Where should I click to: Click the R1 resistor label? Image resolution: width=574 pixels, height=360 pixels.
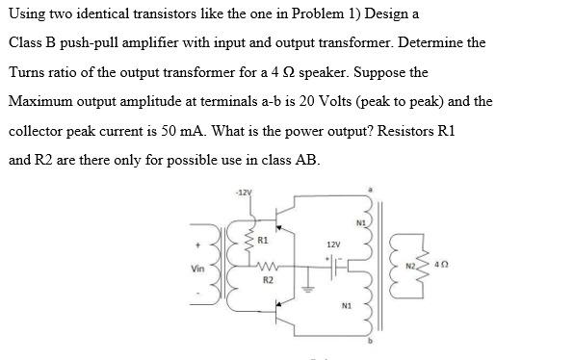(x=262, y=239)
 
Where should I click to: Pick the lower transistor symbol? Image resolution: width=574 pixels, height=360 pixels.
(x=282, y=311)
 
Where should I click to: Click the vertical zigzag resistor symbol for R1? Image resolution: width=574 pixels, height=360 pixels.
(x=248, y=241)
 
